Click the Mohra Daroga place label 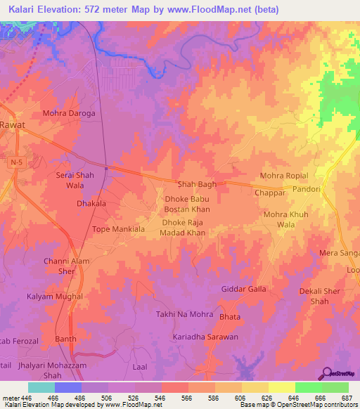click(x=68, y=112)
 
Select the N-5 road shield click(x=16, y=162)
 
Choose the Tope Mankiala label click(x=118, y=229)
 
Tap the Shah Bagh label click(x=196, y=184)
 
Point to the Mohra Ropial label click(x=284, y=176)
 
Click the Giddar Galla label click(x=243, y=289)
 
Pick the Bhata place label click(x=229, y=318)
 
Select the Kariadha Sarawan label click(x=205, y=337)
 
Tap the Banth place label click(x=65, y=339)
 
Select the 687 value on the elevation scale click(x=347, y=397)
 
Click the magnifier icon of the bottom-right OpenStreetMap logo click(x=327, y=372)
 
